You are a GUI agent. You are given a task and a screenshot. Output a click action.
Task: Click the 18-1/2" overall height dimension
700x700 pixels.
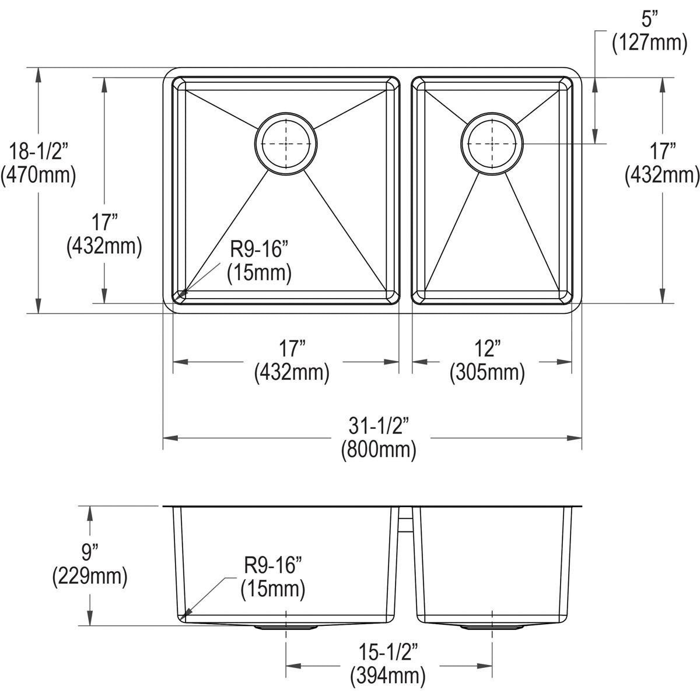[x=38, y=152]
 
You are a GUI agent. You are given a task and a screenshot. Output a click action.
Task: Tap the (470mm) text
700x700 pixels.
[x=38, y=176]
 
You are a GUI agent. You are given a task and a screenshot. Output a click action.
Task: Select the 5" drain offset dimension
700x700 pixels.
[x=649, y=19]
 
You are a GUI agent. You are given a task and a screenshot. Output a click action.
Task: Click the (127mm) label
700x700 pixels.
[x=649, y=43]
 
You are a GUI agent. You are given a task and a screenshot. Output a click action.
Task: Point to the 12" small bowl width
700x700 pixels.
[x=488, y=348]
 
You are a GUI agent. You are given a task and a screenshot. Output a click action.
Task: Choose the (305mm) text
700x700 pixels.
[x=487, y=373]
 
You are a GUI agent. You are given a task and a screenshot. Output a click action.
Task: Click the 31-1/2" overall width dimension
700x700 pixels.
[x=379, y=425]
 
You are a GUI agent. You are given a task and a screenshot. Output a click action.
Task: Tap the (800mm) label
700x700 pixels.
[x=379, y=450]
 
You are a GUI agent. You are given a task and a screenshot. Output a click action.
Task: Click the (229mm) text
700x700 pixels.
[x=90, y=576]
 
